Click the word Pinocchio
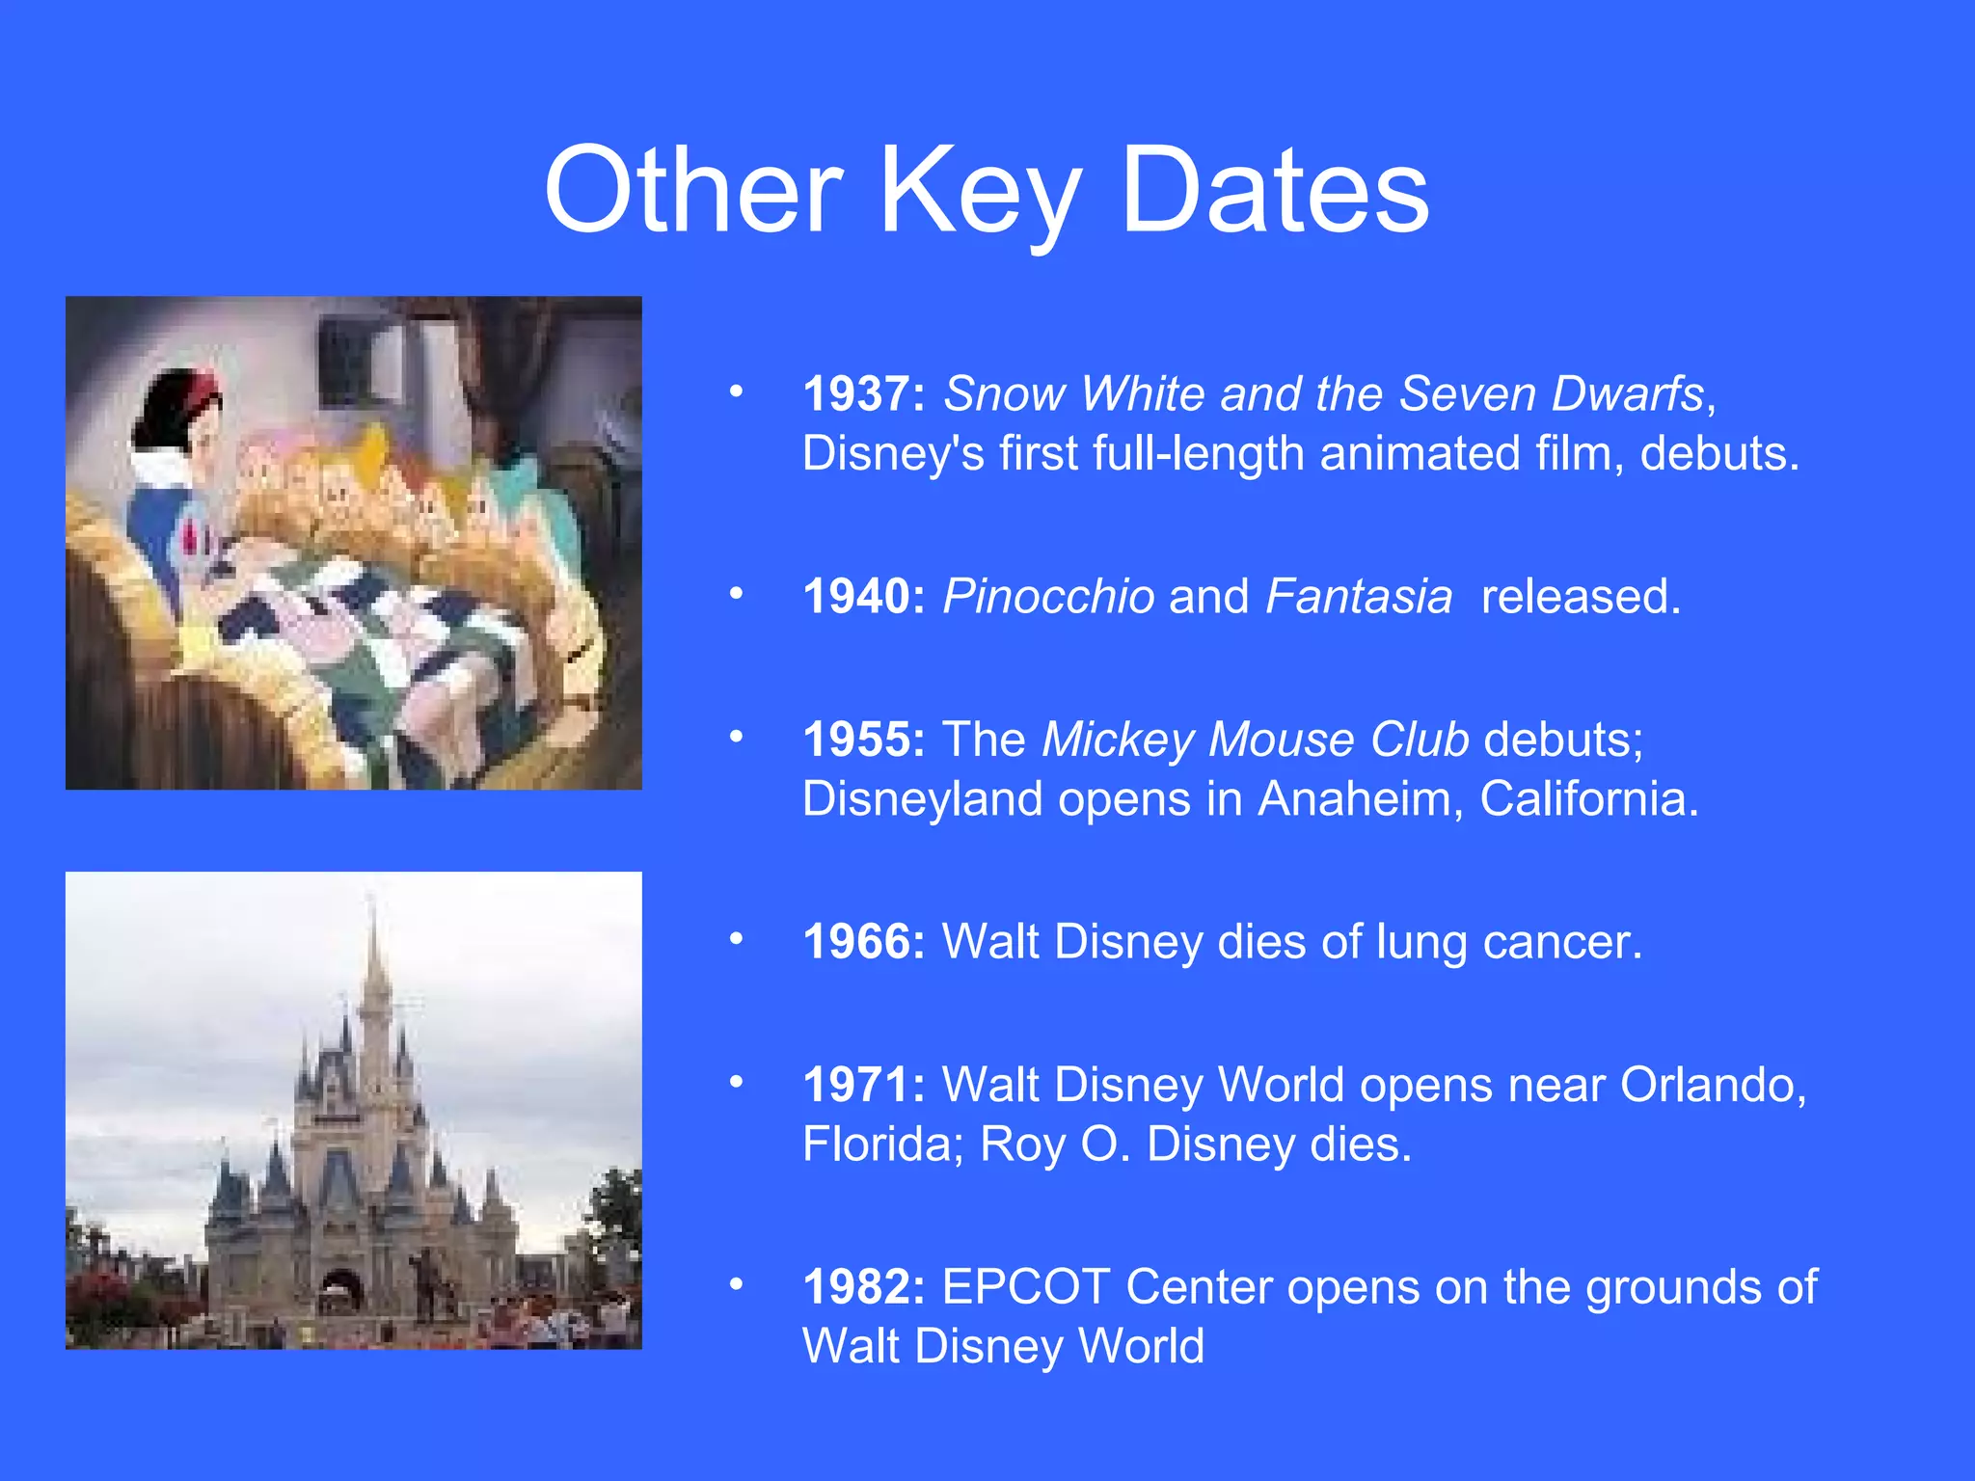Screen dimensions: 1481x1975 click(1048, 596)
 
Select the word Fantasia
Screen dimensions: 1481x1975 click(1359, 596)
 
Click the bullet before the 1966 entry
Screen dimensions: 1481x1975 click(737, 938)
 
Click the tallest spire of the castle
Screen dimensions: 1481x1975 click(372, 955)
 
